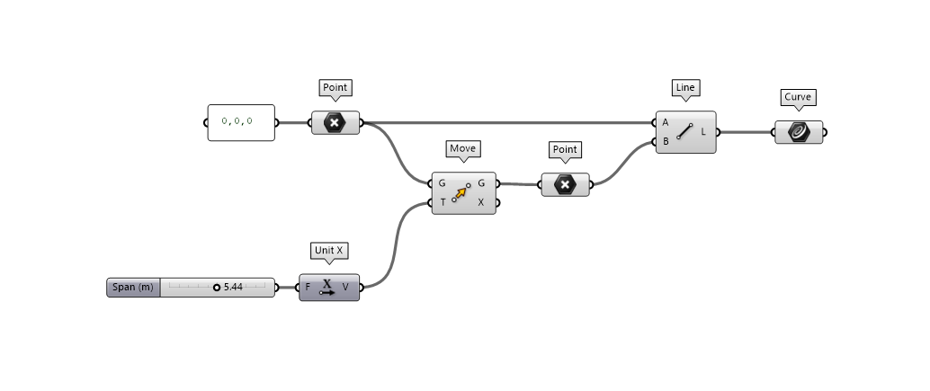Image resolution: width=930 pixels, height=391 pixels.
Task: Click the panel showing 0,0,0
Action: point(241,122)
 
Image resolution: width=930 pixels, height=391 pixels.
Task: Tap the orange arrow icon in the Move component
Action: point(462,192)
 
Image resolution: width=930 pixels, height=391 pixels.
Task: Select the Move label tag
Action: point(462,148)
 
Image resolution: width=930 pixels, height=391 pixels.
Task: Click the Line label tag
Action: point(685,88)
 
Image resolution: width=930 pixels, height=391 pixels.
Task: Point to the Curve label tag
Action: point(798,98)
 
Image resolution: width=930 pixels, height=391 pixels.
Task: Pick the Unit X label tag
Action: point(327,250)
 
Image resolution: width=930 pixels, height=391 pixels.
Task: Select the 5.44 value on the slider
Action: point(234,288)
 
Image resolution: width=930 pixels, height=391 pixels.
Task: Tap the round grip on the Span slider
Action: point(217,288)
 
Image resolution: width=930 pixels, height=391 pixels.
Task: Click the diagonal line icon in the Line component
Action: point(685,132)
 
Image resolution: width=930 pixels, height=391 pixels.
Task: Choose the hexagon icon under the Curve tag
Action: point(798,132)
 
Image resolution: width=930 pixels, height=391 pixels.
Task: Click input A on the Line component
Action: point(666,122)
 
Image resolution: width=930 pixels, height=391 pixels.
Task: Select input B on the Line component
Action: point(666,141)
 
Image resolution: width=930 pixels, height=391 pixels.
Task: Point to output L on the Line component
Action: point(703,132)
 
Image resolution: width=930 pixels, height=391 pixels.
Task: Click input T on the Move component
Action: point(443,202)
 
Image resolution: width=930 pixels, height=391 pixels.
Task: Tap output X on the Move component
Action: point(481,202)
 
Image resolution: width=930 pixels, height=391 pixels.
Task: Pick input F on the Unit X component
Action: point(309,288)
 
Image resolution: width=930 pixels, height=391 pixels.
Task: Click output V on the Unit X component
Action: point(346,288)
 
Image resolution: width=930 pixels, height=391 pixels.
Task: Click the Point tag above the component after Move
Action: point(565,149)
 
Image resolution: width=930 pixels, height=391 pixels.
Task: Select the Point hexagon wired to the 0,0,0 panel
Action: point(335,123)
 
